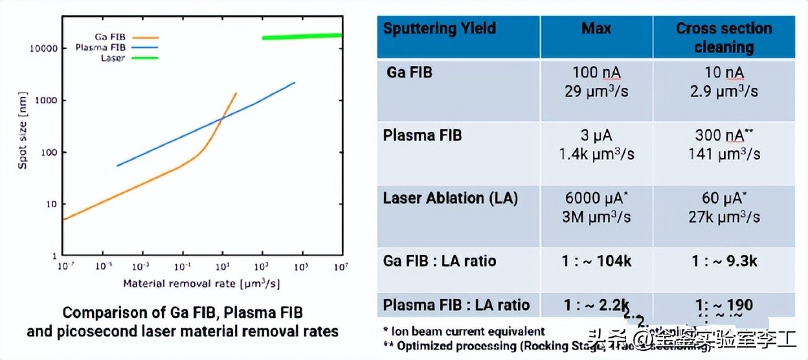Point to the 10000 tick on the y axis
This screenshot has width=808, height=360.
point(44,49)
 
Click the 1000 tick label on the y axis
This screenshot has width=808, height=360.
point(47,100)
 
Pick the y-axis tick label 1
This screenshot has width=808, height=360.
point(55,256)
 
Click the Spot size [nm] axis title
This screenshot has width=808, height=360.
point(23,140)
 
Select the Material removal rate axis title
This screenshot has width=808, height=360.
point(201,284)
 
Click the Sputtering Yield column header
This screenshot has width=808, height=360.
point(440,28)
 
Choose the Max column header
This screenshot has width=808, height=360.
point(596,28)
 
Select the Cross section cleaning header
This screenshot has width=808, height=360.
point(724,38)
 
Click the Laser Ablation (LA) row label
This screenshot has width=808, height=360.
point(451,198)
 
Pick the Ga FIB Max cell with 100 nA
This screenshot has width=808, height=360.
point(596,82)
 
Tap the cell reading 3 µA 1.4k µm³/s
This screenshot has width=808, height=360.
point(596,144)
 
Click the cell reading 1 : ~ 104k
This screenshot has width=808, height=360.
point(596,261)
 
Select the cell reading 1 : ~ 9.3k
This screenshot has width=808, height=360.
point(724,261)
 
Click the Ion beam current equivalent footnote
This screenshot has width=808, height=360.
point(463,332)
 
